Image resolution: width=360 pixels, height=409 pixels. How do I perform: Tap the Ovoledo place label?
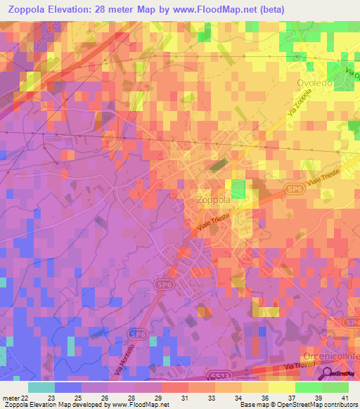point(314,82)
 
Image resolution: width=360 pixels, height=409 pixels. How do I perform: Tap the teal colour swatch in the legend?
point(41,387)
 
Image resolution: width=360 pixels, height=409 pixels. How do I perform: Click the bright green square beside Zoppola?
point(240,188)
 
